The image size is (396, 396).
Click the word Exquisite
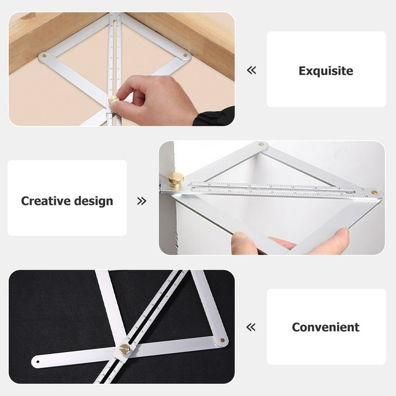[x=326, y=71]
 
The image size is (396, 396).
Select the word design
[x=93, y=201]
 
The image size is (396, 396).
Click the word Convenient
[x=325, y=327]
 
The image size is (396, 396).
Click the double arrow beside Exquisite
[x=251, y=70]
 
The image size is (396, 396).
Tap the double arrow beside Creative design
[x=142, y=201]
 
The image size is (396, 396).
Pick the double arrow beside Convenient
[x=251, y=327]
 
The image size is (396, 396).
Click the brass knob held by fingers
[x=113, y=100]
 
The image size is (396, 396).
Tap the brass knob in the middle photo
[x=176, y=180]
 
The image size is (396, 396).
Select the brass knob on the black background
[x=124, y=349]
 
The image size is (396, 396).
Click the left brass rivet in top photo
[x=44, y=56]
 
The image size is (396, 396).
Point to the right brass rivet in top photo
[x=185, y=55]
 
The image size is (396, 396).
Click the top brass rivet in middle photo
[x=260, y=144]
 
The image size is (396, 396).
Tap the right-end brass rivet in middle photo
[x=374, y=192]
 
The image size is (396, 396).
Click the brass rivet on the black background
[x=223, y=340]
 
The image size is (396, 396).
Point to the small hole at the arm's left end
[x=38, y=362]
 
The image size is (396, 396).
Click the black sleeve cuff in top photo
[x=214, y=117]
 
